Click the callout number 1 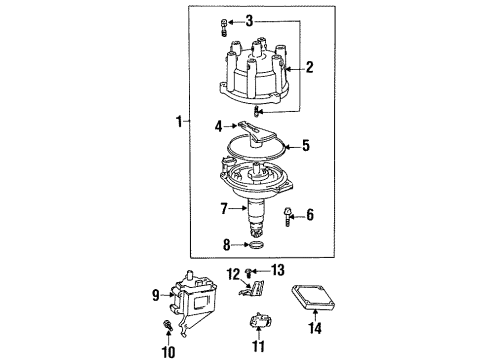click(178, 122)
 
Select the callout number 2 click(309, 68)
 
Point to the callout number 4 click(218, 126)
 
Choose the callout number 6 click(309, 213)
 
